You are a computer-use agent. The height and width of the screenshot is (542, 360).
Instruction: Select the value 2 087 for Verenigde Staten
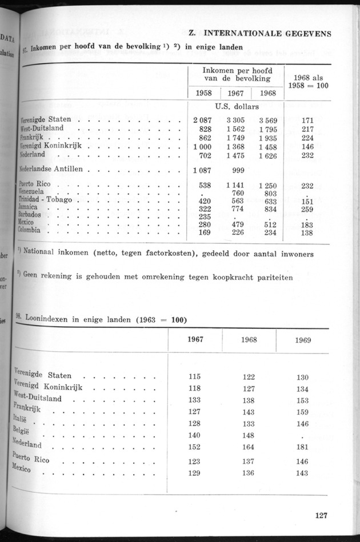point(203,120)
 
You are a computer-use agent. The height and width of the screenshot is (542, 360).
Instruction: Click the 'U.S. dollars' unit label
point(237,107)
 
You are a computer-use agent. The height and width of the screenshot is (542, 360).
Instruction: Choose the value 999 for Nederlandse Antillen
point(236,170)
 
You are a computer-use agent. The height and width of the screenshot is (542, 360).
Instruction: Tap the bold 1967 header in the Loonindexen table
point(196,339)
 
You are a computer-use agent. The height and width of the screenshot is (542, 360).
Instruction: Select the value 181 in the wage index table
point(303,447)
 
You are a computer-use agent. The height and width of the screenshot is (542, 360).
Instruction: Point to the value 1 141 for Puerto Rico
point(235,186)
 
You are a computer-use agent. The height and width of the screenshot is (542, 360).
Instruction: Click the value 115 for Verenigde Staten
point(196,376)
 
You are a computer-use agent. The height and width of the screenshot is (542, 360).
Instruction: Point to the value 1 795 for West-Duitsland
point(267,130)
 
